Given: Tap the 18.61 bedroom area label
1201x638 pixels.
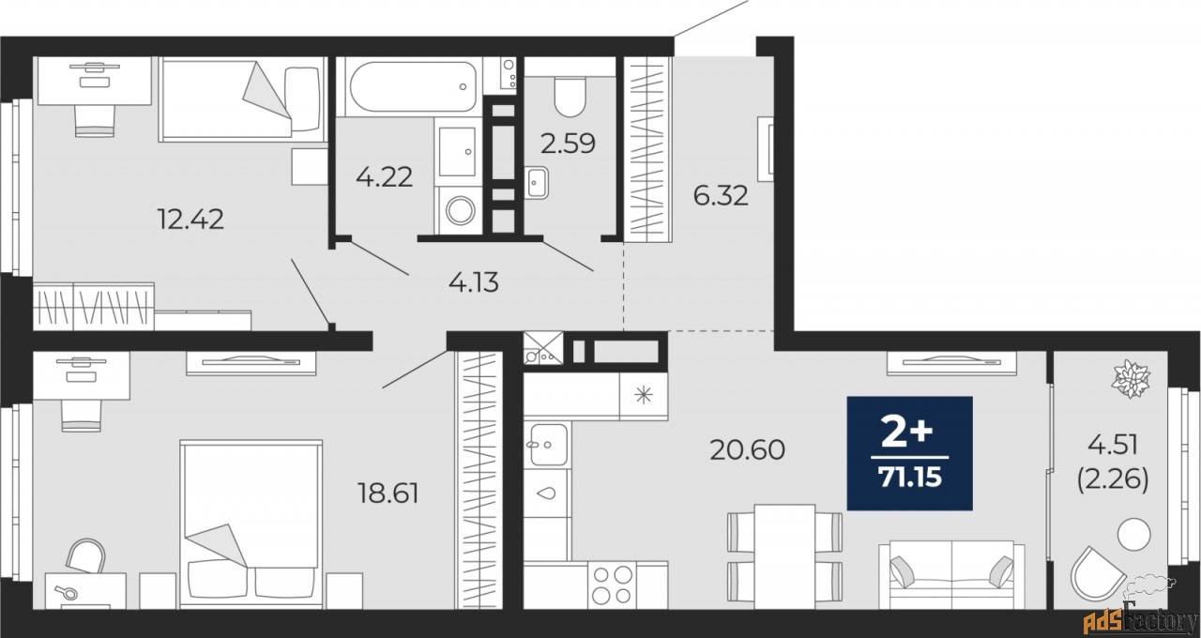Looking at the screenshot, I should tap(388, 494).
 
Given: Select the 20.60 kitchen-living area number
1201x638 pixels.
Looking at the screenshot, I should tap(747, 450).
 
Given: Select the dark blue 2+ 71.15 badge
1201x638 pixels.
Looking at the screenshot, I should tap(909, 452).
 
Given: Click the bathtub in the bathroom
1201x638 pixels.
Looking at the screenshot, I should tap(409, 86).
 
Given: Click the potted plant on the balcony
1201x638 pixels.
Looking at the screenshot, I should tap(1131, 378).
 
